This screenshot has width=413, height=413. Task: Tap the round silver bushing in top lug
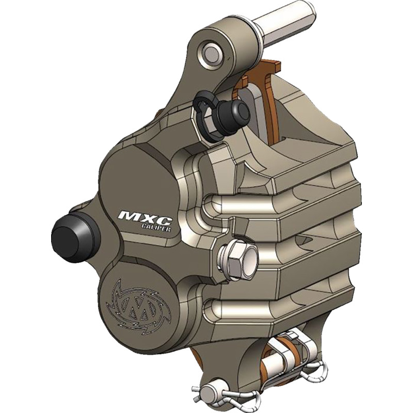[211, 51]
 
